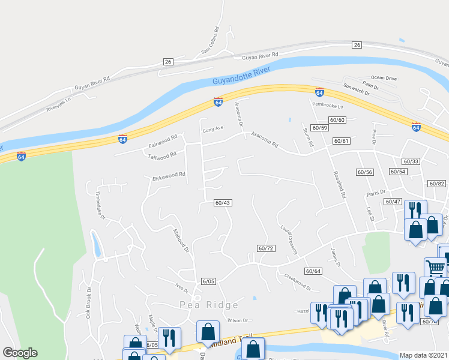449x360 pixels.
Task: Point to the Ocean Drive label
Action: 384,78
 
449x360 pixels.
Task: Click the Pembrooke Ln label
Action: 327,106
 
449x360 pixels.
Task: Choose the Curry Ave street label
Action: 212,128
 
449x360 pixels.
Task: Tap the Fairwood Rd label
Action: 163,141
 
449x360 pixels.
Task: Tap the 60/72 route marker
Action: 265,248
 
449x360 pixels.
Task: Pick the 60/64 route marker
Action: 313,271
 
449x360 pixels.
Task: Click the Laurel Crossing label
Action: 289,239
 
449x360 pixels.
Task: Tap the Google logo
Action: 20,353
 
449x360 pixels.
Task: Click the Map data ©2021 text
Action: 423,355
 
